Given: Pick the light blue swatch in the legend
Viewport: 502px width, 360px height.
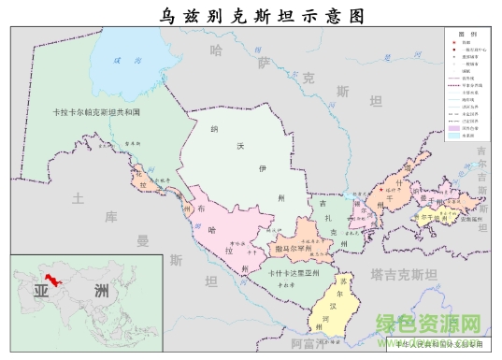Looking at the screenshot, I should click(455, 136).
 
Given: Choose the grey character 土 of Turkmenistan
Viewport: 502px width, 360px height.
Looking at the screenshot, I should click(79, 197).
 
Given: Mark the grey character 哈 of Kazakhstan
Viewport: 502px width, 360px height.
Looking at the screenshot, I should click(217, 49).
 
